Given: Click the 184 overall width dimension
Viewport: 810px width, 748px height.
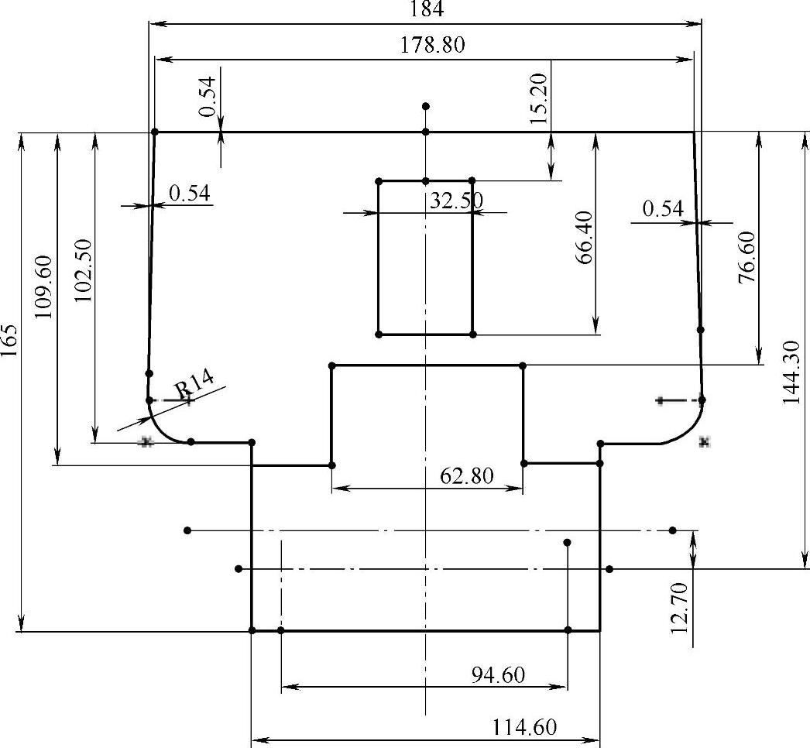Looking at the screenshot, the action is (427, 9).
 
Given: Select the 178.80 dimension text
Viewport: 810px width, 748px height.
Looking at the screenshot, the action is (433, 45).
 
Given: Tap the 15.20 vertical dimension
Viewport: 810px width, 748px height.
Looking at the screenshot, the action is (538, 98).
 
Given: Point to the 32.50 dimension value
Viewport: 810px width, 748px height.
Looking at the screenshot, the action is (456, 201).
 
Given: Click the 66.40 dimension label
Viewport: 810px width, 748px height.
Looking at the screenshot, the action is (584, 237).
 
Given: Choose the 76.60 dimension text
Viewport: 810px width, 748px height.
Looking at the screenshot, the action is (747, 258).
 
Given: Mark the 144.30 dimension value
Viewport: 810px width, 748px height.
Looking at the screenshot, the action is (792, 372).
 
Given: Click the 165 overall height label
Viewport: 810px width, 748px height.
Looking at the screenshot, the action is (9, 341).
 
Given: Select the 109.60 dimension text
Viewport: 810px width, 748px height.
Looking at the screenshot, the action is (43, 287).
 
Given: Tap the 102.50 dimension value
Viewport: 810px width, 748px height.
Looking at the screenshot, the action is (83, 270).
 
